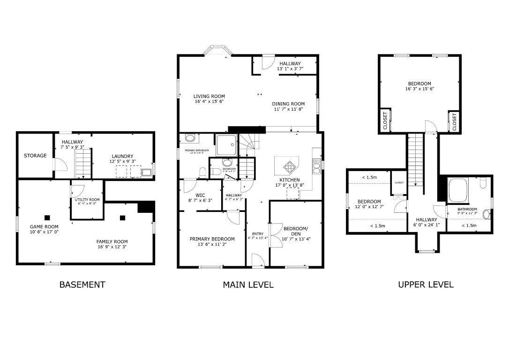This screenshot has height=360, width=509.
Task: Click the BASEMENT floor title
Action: (x=82, y=285)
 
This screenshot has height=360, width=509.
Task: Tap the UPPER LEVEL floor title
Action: (x=426, y=285)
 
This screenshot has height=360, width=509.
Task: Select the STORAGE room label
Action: (x=35, y=156)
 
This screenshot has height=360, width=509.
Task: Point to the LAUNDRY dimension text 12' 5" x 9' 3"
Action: (x=122, y=162)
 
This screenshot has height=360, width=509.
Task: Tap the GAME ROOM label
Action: (x=44, y=227)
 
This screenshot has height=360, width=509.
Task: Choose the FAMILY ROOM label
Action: (x=112, y=242)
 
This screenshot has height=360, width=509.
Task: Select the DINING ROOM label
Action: (x=288, y=104)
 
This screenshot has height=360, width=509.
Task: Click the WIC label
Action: (x=200, y=195)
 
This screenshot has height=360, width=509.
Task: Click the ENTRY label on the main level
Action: (x=258, y=234)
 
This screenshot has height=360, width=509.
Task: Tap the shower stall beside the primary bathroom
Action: (x=226, y=145)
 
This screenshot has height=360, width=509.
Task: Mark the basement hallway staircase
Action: (x=82, y=163)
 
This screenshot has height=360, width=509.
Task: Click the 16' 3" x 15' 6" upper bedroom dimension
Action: (x=419, y=89)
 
